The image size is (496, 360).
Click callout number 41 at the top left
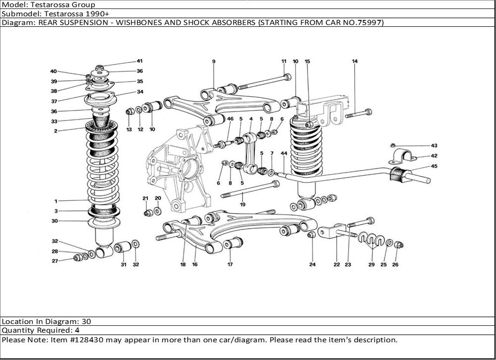[140, 61]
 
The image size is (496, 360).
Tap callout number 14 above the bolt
[355, 61]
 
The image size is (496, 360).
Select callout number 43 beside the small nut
[434, 146]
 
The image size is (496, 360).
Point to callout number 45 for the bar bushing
[434, 167]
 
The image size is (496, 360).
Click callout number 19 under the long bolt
[243, 204]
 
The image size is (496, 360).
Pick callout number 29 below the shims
[372, 265]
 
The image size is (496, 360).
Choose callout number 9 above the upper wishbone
[214, 61]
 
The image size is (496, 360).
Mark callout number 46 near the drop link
[230, 119]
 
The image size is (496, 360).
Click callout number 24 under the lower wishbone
[312, 265]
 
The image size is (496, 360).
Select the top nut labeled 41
[100, 67]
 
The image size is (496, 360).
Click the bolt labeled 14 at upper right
[358, 113]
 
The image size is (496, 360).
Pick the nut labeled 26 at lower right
[401, 244]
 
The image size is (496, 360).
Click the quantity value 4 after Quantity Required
[77, 330]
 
